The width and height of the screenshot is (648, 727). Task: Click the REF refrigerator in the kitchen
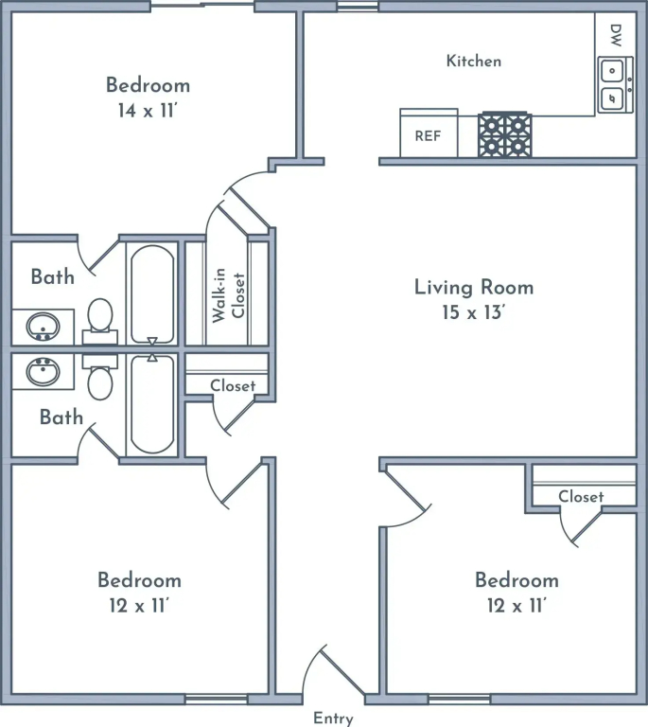[x=429, y=133]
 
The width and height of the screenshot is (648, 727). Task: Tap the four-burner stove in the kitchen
[x=505, y=134]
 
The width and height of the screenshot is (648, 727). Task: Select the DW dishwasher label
[x=616, y=36]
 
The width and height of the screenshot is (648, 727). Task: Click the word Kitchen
[x=473, y=62]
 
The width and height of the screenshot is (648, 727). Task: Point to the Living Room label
[x=474, y=287]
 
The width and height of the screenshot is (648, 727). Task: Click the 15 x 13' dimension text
[x=472, y=312]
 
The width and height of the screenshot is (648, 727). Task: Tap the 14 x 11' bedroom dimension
[x=148, y=111]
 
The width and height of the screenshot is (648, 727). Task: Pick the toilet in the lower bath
[x=100, y=377]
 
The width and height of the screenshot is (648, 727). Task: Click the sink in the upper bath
[x=43, y=327]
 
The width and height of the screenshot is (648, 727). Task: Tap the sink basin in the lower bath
[x=43, y=372]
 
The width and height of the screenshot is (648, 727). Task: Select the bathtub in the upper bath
[x=152, y=294]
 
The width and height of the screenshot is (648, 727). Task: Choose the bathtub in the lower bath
[x=152, y=404]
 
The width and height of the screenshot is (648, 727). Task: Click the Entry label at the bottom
[x=334, y=718]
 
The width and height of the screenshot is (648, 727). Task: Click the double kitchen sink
[x=615, y=85]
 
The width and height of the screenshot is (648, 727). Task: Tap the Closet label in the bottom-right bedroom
[x=581, y=497]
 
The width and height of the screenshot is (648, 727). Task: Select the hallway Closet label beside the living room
[x=233, y=386]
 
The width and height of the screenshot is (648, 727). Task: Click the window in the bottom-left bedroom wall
[x=217, y=700]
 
